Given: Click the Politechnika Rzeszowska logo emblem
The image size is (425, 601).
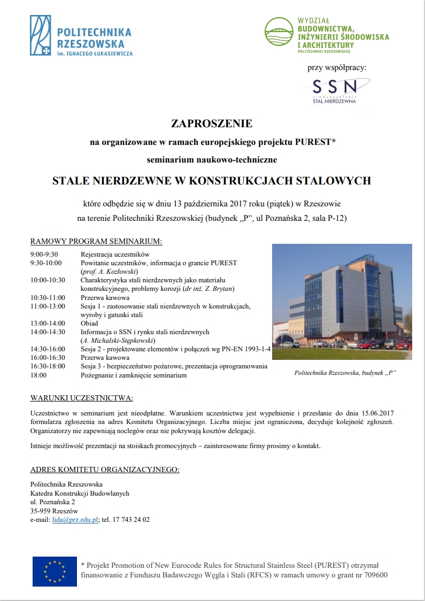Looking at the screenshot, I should (x=41, y=35).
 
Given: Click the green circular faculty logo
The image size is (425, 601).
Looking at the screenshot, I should (x=280, y=35).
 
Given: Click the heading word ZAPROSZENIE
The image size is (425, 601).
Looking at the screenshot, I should (x=211, y=124).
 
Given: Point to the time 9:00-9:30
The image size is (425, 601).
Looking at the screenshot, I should (x=44, y=255).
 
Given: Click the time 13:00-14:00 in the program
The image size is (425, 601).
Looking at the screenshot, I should (x=48, y=323).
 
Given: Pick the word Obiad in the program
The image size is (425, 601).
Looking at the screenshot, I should (x=89, y=323).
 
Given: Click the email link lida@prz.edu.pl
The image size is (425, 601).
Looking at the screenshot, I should (x=75, y=519).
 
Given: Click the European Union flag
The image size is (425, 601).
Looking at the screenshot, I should (x=55, y=571).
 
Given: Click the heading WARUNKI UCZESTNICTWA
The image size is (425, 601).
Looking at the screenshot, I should (x=82, y=398).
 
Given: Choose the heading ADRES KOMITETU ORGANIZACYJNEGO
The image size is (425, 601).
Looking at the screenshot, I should (x=105, y=469).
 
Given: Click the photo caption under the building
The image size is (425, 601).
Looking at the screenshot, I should (x=345, y=373).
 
